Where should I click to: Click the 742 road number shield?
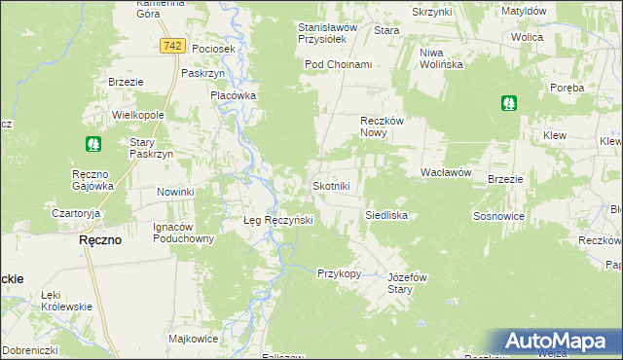tap(173, 47)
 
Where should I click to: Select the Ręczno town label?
tap(100, 240)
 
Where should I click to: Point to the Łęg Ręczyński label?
tap(276, 221)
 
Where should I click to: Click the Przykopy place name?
tap(339, 273)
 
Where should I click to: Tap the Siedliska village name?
tap(385, 214)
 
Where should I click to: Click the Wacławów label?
tap(446, 171)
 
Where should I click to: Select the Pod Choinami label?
tap(338, 64)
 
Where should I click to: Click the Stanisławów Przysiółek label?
tap(328, 34)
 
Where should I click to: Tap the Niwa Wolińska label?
tap(438, 59)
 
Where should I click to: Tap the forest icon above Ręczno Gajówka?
tap(93, 144)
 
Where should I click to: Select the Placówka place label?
tap(234, 95)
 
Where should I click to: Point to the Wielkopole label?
tap(137, 114)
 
